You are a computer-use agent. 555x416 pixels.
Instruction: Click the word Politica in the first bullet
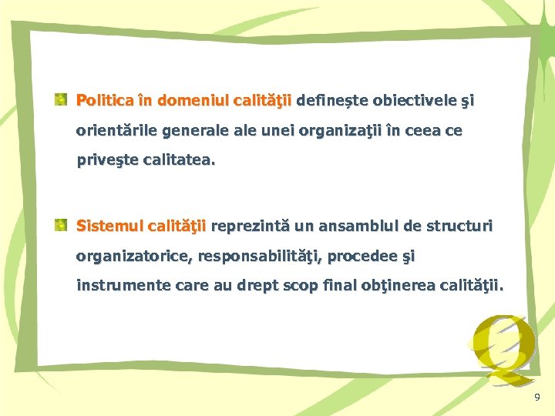[x=105, y=100]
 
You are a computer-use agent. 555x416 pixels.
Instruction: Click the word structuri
[x=458, y=226]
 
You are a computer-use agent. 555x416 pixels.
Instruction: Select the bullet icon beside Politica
[x=60, y=99]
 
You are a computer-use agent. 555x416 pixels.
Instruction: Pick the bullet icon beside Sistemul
[x=60, y=226]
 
